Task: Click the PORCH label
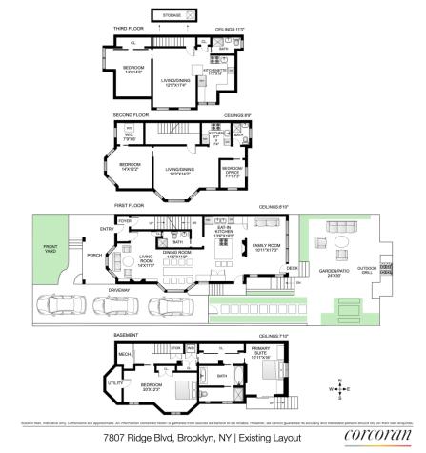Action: [94, 255]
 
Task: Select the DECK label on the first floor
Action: [293, 268]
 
